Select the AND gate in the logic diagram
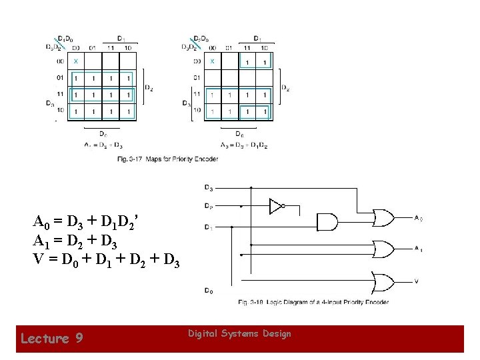tap(327, 223)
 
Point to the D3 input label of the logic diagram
tap(209, 187)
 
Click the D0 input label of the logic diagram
tap(209, 291)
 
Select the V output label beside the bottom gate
tap(417, 281)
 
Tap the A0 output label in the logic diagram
tap(418, 218)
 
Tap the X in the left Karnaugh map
tap(75, 61)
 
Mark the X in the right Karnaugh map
tap(212, 61)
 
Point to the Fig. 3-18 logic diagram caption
tap(313, 303)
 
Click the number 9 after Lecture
tap(79, 339)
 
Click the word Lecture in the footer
tap(44, 339)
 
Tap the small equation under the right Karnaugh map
tap(243, 145)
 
